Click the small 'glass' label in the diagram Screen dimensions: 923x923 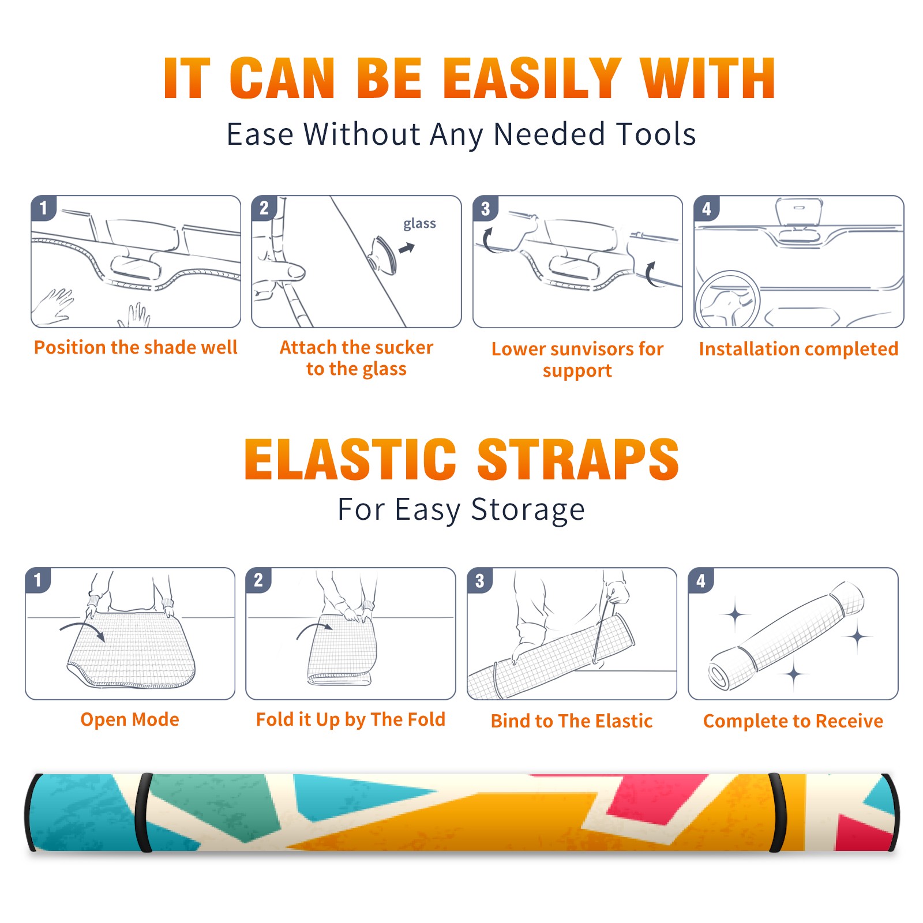click(x=419, y=224)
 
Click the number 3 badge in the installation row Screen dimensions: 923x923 click(x=485, y=208)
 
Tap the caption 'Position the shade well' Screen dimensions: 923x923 click(x=136, y=347)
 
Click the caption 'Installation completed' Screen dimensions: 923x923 click(x=798, y=348)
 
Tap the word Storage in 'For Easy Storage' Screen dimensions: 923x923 click(x=528, y=510)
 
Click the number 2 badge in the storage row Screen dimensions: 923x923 click(x=258, y=580)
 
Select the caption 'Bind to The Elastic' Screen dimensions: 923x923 click(x=571, y=721)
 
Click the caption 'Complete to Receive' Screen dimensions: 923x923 click(x=793, y=721)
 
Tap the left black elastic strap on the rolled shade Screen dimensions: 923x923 click(x=144, y=812)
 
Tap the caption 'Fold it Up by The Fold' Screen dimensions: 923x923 click(x=351, y=719)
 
